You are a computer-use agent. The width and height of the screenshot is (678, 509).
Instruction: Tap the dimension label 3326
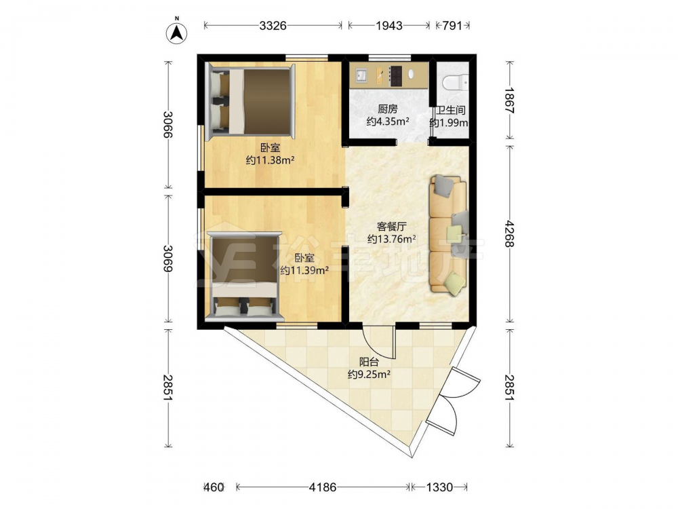click(273, 26)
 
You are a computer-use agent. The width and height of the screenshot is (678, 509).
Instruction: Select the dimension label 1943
click(389, 26)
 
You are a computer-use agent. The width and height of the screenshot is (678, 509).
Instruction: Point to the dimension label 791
click(452, 26)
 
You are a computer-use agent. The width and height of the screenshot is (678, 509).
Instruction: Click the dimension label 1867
click(509, 100)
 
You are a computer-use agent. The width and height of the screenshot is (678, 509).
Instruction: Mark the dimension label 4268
click(509, 233)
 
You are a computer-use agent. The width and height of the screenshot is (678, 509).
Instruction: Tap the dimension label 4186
click(322, 487)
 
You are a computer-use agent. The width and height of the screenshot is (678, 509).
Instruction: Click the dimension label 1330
click(439, 487)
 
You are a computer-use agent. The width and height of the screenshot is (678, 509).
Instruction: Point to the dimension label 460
click(214, 487)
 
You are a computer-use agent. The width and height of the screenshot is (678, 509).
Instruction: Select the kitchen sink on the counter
click(361, 75)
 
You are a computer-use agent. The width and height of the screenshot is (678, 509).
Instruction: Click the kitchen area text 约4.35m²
click(388, 121)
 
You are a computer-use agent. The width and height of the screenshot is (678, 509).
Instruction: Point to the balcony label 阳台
click(369, 362)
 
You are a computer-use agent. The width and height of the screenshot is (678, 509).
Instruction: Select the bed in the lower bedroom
click(244, 277)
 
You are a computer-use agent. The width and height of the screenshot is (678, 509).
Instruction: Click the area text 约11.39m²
click(304, 271)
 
